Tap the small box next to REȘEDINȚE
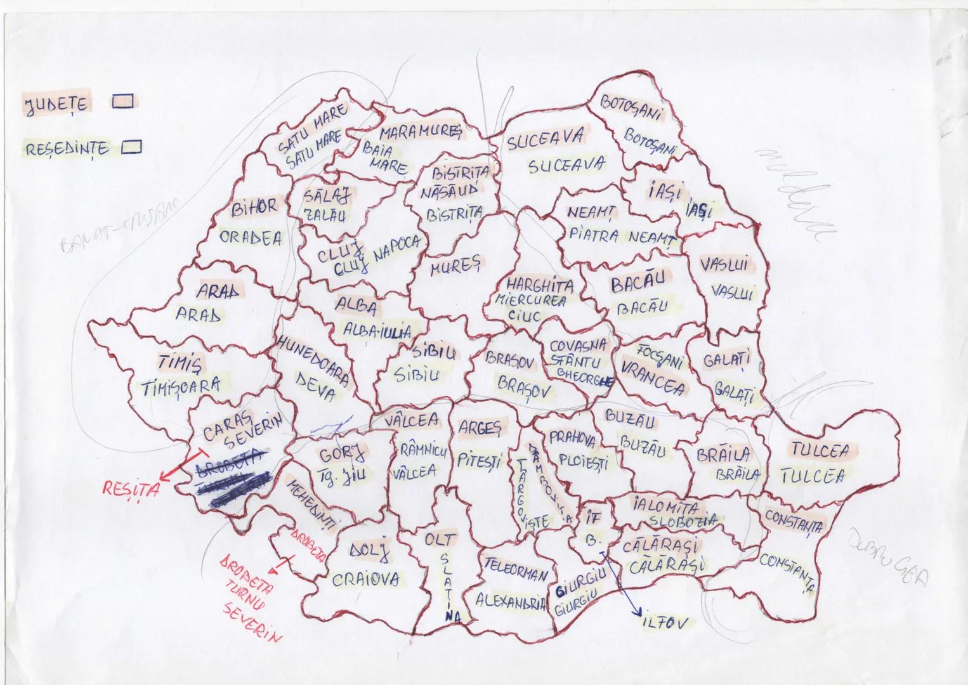(132, 147)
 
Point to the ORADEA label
(251, 238)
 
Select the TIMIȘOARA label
(180, 385)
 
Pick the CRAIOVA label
(366, 578)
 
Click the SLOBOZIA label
(682, 521)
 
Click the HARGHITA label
(539, 285)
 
